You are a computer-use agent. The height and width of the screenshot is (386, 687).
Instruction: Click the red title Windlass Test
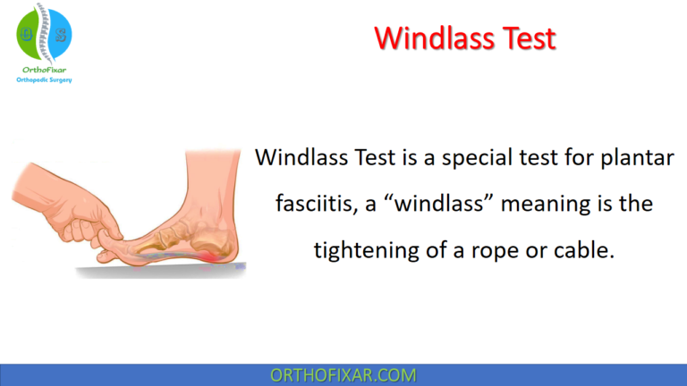point(464,38)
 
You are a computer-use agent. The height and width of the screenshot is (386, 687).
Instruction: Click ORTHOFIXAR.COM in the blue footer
point(343,373)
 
